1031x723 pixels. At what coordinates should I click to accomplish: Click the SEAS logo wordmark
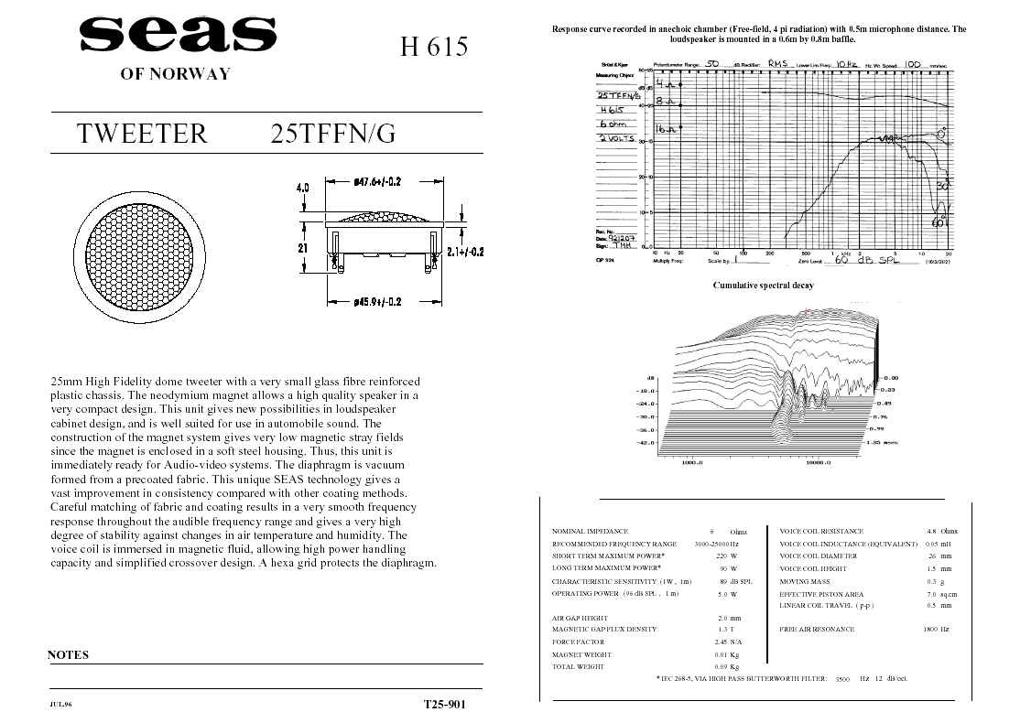pos(171,36)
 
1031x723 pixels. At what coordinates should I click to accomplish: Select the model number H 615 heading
pos(434,47)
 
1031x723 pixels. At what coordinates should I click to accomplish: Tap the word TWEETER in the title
pos(143,134)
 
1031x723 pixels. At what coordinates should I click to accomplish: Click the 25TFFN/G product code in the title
pos(333,134)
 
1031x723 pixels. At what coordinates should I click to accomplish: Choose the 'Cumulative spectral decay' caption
pos(763,286)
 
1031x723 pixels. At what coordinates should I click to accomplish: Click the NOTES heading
pos(68,655)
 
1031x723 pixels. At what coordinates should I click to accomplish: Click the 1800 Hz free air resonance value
pos(936,630)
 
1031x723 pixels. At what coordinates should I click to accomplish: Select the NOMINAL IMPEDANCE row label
pos(590,532)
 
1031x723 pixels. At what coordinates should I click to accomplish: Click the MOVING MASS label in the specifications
pos(804,581)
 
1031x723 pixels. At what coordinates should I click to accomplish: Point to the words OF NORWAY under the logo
pos(175,74)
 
